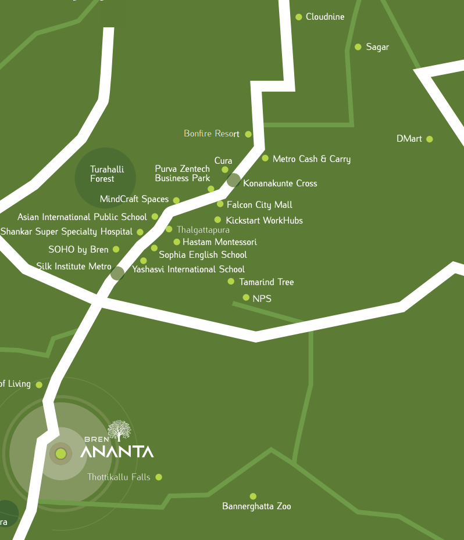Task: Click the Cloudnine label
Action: point(325,17)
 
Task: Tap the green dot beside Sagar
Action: point(358,47)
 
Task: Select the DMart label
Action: point(409,139)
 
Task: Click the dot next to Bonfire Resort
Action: point(248,134)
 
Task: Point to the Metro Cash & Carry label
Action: point(311,159)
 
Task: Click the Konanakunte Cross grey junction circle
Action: point(233,180)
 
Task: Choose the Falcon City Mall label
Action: point(259,205)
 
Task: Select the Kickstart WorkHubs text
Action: point(264,221)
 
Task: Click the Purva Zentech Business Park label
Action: point(182,174)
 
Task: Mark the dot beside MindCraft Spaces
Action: point(176,200)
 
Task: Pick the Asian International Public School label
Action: point(82,217)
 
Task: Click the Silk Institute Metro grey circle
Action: point(117,273)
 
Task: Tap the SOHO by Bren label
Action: point(78,250)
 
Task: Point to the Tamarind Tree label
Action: point(266,282)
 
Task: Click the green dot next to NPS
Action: point(246,298)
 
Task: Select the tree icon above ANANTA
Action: point(120,431)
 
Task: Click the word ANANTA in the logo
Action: point(117,452)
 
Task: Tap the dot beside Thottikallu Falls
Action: point(159,477)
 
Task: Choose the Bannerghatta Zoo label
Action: point(256,506)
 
